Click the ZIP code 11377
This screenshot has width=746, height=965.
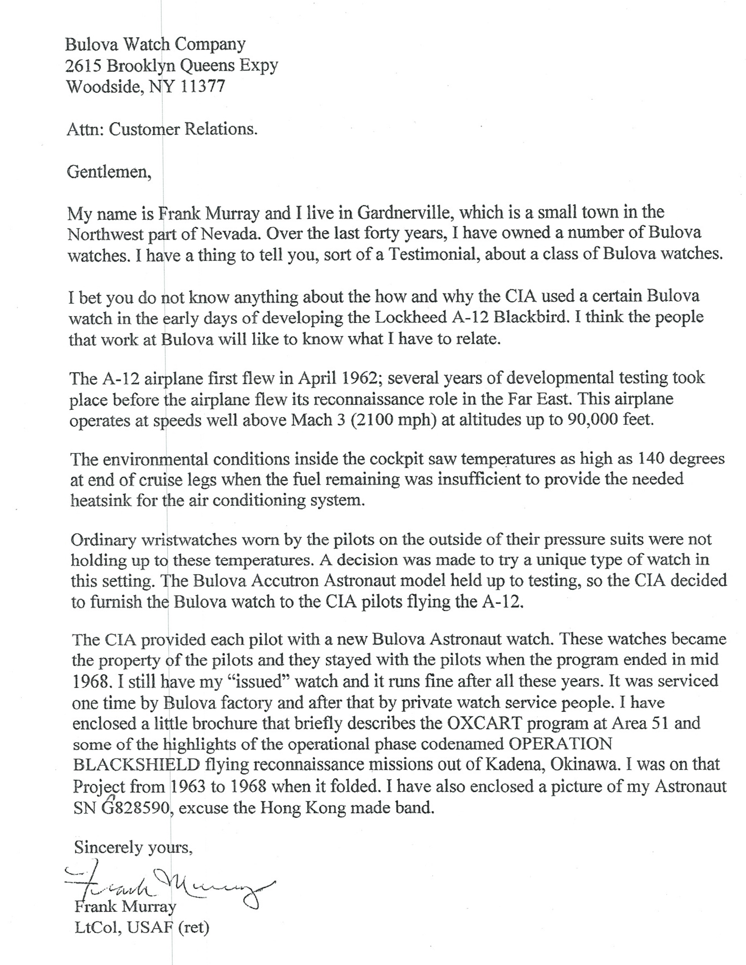point(203,86)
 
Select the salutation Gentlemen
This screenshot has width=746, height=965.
point(109,172)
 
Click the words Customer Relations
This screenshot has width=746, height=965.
point(183,129)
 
